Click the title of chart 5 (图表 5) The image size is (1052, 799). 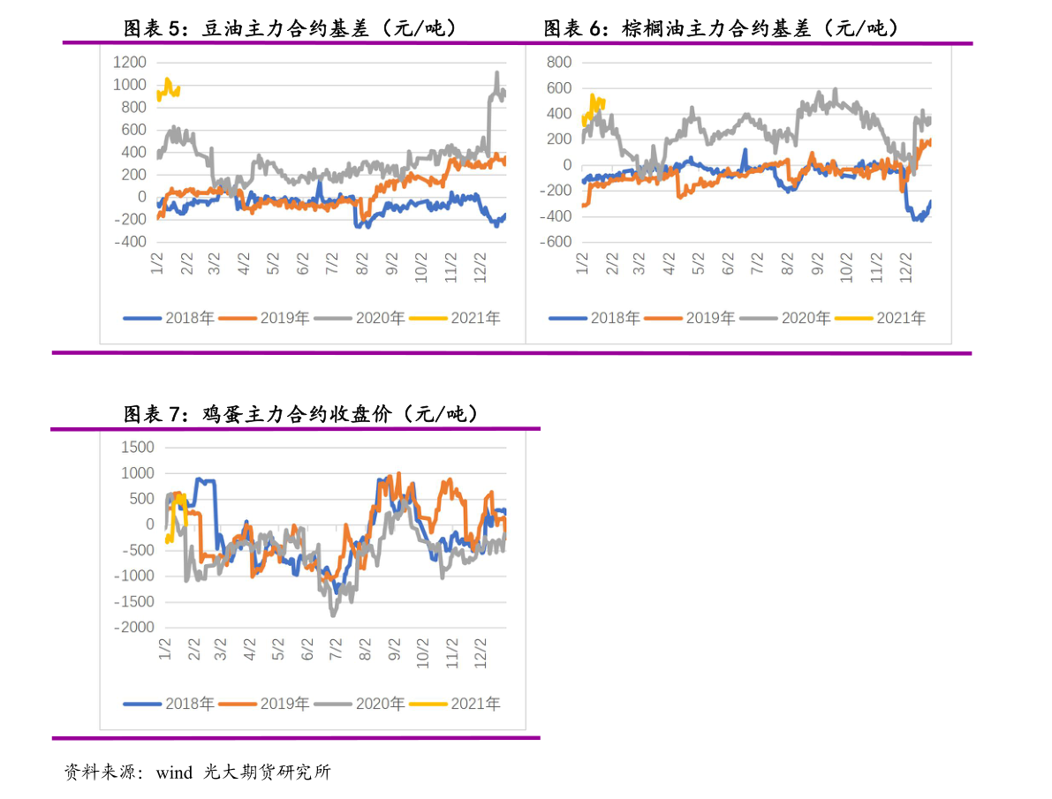290,28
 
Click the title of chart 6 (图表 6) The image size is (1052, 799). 721,28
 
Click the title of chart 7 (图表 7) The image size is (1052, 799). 300,414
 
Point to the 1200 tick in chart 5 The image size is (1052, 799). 130,63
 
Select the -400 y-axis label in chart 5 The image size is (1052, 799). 130,242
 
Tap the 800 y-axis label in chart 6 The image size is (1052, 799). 559,63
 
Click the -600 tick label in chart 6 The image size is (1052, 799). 556,242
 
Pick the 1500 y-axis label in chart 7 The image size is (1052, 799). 138,448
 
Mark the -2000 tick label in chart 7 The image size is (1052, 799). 134,627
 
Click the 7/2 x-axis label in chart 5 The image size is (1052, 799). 331,264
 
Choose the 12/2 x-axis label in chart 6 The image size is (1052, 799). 905,267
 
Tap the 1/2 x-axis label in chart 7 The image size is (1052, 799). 165,650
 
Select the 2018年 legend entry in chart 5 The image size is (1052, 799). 169,318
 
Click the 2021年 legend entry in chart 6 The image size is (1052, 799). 880,318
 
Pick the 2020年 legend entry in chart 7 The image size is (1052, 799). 359,704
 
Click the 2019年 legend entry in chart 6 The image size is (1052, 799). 689,318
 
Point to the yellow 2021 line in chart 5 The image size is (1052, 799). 168,88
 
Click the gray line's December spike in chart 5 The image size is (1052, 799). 496,73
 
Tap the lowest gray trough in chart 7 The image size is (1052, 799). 333,614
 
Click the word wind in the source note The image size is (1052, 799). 174,773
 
